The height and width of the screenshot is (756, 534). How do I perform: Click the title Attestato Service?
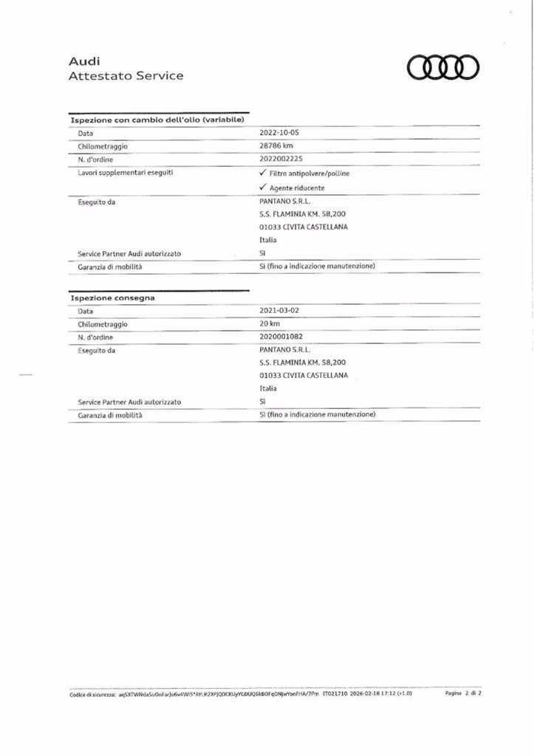pos(126,75)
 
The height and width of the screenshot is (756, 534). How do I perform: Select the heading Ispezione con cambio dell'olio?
pos(157,120)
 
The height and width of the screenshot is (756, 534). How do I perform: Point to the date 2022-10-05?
pos(281,133)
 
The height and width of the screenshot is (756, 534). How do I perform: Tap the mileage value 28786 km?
pos(277,146)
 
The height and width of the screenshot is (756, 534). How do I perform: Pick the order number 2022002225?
pos(281,159)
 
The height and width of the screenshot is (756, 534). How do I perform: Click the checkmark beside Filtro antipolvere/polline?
pos(264,173)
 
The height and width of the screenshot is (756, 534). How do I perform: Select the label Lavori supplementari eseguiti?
pos(120,173)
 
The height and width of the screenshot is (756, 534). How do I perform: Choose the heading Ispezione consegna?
pos(112,298)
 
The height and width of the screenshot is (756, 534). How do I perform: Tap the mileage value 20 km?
pos(270,324)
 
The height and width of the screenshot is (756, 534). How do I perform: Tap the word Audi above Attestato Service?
pos(83,62)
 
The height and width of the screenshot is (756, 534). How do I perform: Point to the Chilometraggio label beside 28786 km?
pos(103,146)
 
